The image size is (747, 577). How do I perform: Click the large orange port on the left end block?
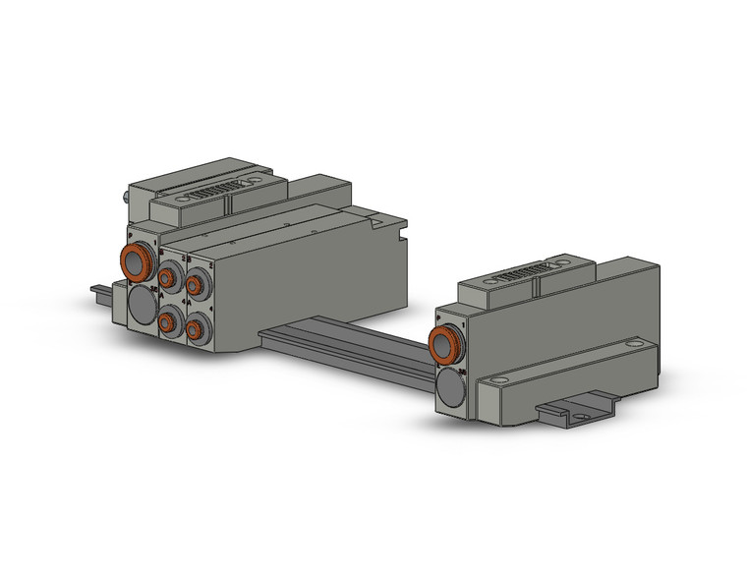[137, 262]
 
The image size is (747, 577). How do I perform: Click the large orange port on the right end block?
[447, 345]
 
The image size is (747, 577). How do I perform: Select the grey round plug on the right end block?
[451, 389]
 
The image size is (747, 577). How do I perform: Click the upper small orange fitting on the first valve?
[168, 279]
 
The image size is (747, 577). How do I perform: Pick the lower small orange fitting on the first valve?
[168, 321]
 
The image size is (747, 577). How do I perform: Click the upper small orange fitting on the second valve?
[195, 287]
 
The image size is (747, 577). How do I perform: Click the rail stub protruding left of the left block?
[101, 292]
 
